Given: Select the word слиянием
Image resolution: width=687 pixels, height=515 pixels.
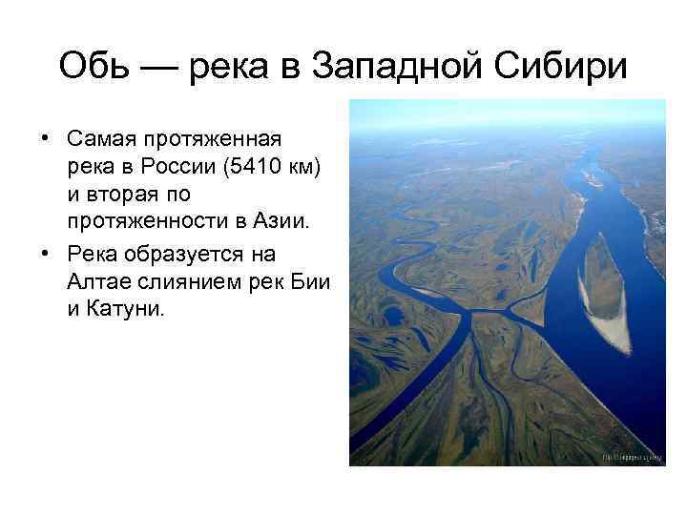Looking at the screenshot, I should click(x=186, y=283).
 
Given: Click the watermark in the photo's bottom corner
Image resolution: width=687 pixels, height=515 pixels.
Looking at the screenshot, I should click(x=631, y=458).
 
